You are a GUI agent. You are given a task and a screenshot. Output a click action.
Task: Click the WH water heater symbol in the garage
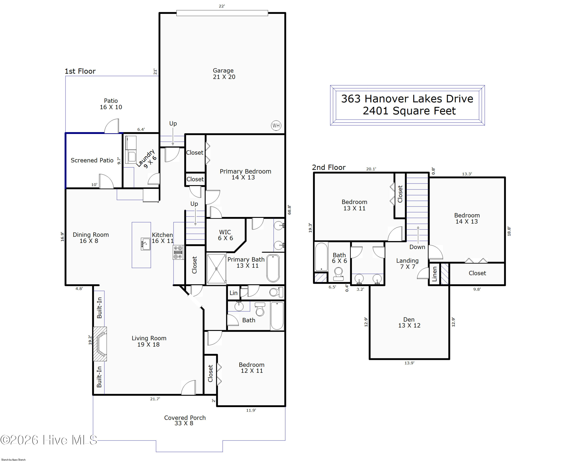coord(276,125)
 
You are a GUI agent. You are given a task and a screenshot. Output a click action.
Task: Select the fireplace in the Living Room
coord(100,344)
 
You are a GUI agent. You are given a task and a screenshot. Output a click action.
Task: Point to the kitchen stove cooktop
coord(178,252)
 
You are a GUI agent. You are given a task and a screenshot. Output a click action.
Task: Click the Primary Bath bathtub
coord(273,268)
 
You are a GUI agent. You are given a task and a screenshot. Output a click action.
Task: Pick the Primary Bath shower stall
coord(216,269)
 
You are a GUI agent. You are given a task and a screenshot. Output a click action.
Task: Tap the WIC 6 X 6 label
coord(225,235)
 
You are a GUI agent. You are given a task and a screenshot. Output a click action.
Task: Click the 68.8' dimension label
coord(289,210)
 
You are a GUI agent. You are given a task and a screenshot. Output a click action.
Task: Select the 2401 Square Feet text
coord(409,111)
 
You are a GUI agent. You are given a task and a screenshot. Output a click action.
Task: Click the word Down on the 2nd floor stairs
coord(417,247)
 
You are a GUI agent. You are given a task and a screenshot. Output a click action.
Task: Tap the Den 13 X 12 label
coord(409,322)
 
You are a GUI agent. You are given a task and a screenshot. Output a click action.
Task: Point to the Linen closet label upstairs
coord(434,274)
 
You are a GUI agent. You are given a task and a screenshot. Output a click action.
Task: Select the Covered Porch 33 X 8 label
coord(185,420)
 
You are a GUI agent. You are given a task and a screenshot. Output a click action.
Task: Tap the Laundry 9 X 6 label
coord(146,159)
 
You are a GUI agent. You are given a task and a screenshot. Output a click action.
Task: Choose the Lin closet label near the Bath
coord(233,293)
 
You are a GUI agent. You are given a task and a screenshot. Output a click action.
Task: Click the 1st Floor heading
coord(80,71)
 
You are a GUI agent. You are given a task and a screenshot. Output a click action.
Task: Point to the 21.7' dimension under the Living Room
coord(155,399)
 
